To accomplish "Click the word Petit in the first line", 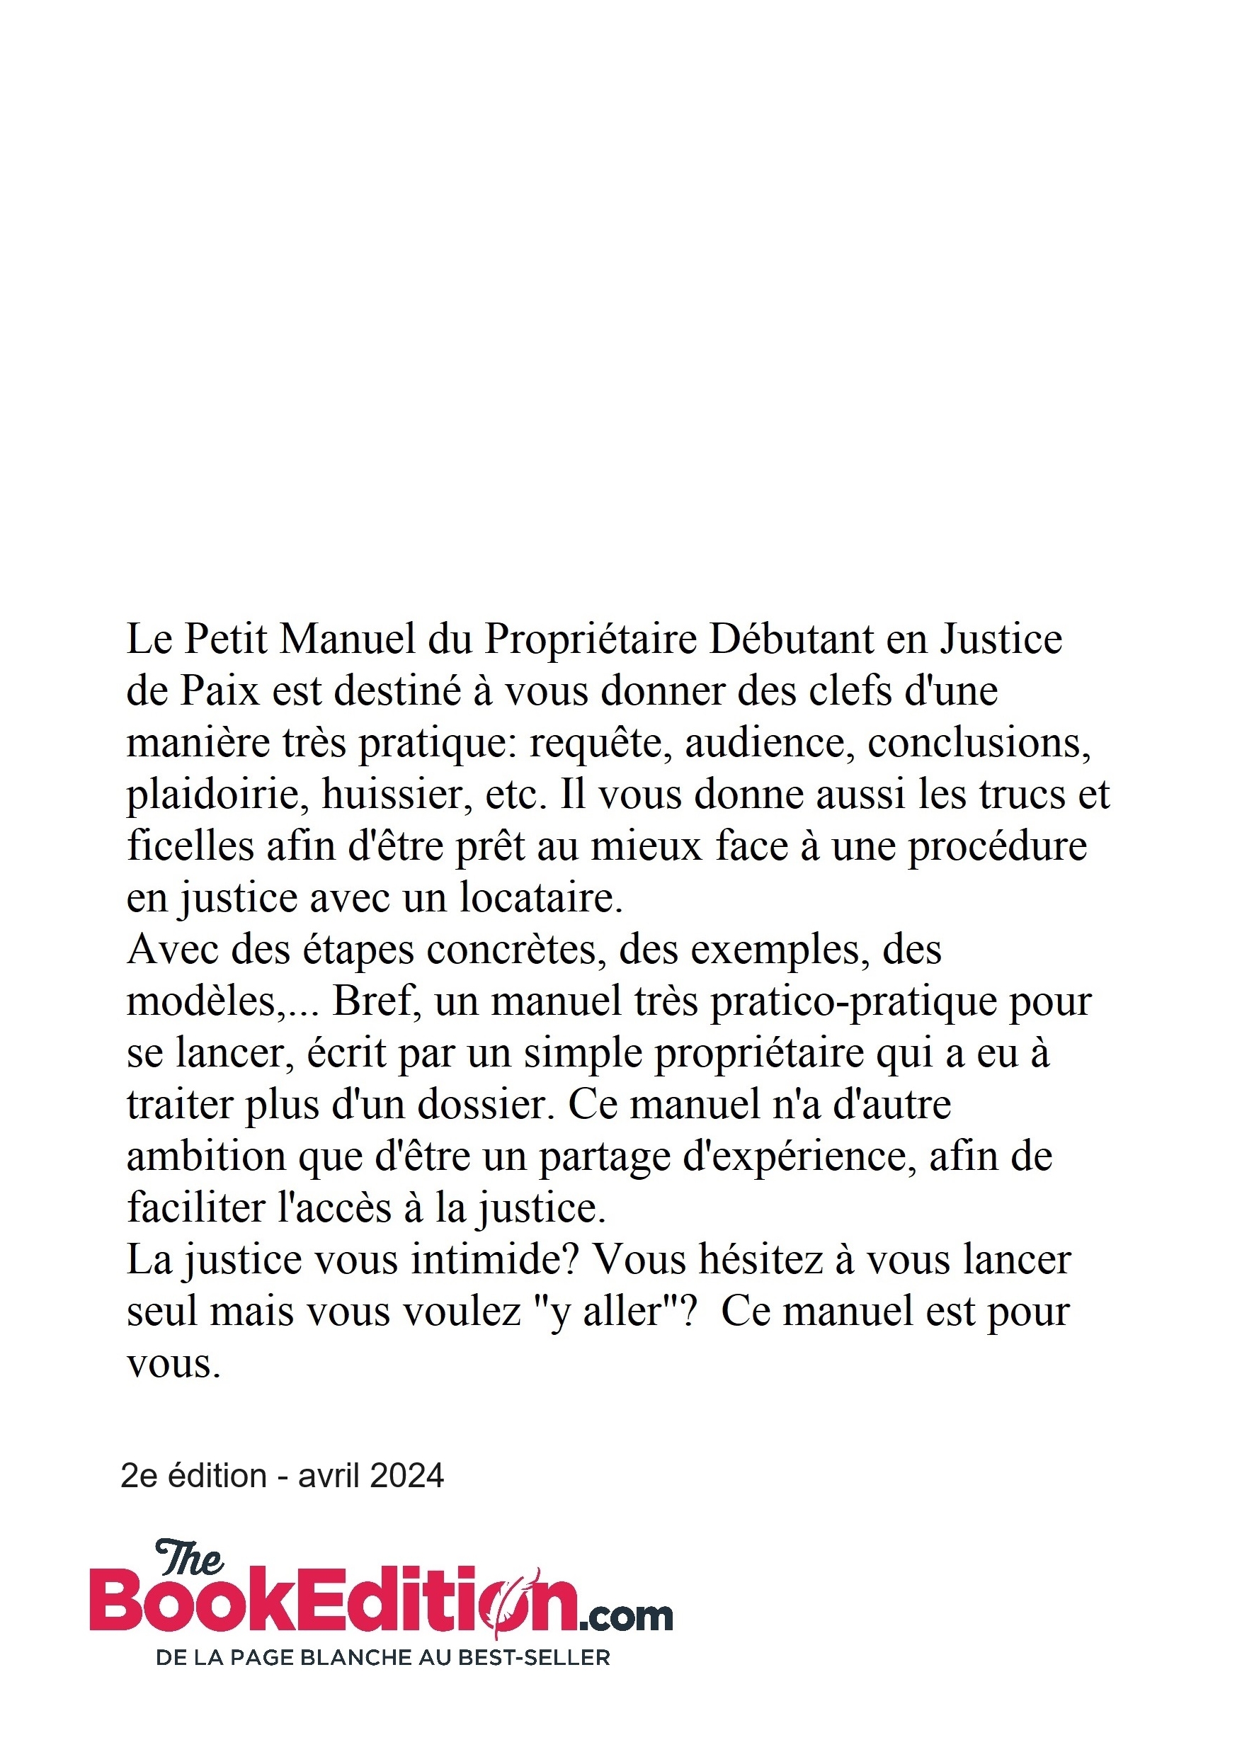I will [226, 639].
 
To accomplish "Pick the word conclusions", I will [979, 743].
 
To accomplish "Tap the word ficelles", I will [190, 846].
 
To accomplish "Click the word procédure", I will [997, 848].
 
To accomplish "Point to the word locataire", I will [540, 898].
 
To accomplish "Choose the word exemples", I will [780, 951].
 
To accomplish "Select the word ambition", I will [206, 1156].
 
